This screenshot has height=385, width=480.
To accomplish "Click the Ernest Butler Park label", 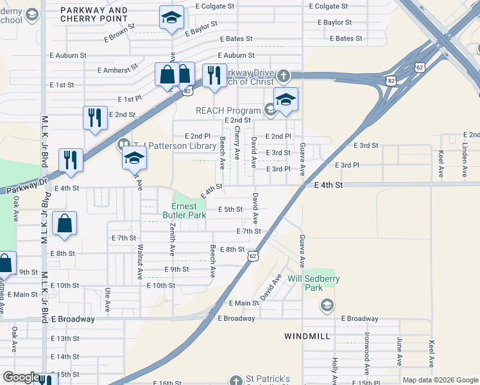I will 189,210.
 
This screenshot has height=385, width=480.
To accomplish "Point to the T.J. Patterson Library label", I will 175,146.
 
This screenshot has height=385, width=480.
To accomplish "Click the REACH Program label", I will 228,110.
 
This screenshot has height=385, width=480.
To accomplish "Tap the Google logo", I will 21,377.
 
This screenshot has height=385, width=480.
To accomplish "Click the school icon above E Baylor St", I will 171,19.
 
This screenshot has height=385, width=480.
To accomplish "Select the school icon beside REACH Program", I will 286,99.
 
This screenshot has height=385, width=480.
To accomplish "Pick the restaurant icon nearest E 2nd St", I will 95,118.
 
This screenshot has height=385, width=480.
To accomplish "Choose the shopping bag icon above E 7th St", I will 65,224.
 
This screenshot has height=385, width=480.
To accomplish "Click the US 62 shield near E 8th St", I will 253,256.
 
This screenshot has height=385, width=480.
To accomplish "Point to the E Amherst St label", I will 117,69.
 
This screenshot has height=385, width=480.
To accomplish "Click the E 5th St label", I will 230,209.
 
